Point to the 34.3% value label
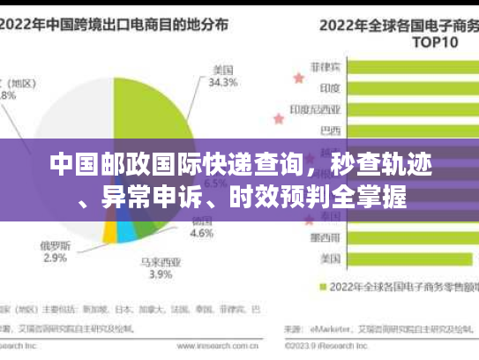pos(221,83)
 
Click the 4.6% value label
pos(202,234)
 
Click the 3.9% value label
pos(160,274)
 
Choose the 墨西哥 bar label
pos(329,237)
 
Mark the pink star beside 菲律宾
pos(299,78)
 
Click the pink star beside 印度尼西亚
pos(287,109)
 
